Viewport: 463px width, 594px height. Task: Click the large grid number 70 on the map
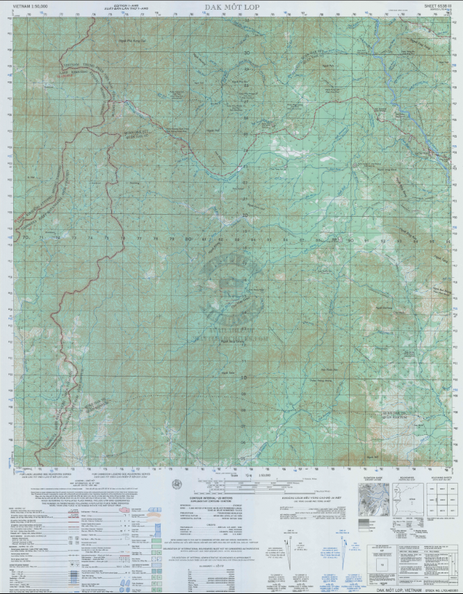[x=26, y=238]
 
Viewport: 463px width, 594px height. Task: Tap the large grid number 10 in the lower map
[x=244, y=378]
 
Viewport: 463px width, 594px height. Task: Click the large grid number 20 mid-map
[x=245, y=215]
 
